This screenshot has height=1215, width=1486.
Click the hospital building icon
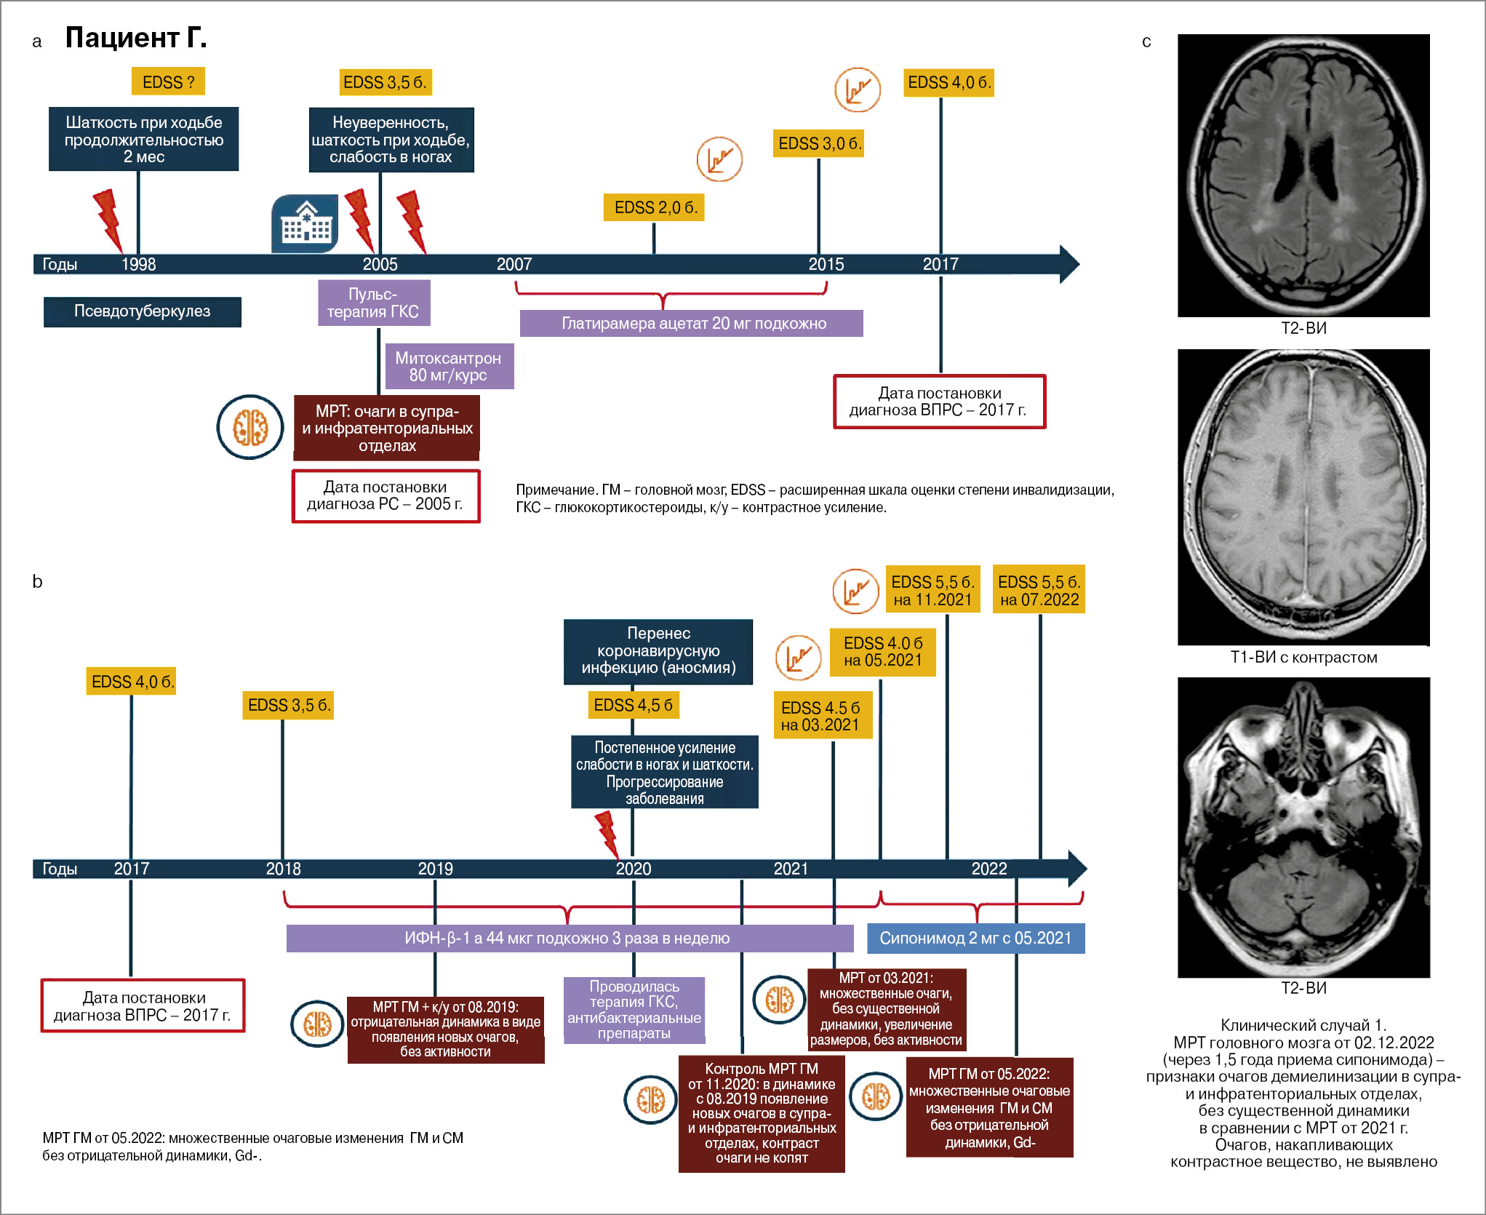point(305,223)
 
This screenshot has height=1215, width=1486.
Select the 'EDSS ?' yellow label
point(168,81)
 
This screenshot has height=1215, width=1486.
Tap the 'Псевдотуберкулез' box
point(142,311)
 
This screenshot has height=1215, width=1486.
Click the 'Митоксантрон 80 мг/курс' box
point(448,367)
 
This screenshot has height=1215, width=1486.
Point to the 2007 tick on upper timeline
point(514,264)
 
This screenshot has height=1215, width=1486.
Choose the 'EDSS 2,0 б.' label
point(655,207)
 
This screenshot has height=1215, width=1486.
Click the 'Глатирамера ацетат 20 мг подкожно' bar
point(692,324)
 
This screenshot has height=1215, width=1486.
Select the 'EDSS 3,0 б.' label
point(819,143)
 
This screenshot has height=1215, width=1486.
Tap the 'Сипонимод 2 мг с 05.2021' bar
point(975,939)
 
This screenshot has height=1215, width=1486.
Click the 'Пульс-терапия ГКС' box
point(373,303)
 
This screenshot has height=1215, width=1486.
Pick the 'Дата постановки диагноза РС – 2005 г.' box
point(386,496)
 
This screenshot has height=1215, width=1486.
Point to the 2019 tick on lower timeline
point(435,869)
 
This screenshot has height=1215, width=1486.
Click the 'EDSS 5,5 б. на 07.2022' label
point(1039,590)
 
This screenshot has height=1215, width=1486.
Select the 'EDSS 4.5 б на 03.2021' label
point(822,716)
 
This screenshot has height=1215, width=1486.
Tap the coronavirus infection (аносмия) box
point(658,651)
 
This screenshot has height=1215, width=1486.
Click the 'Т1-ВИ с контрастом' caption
point(1303,658)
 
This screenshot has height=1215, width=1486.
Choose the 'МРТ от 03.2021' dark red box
point(886,1008)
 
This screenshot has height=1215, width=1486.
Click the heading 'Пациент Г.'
point(136,37)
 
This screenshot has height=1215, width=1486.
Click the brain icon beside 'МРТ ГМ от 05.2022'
point(875,1096)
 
